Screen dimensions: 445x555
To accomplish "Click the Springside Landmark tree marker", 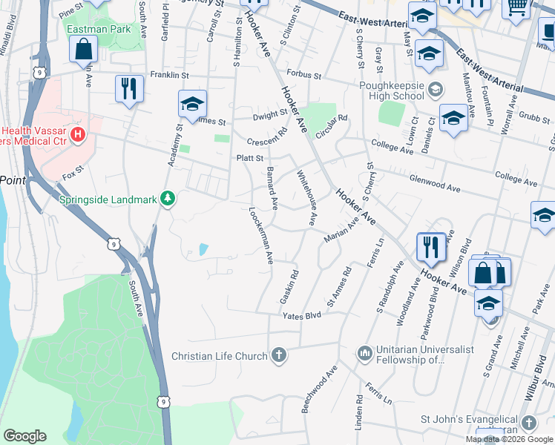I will (168, 198).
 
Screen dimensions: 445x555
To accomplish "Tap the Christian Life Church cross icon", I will (278, 355).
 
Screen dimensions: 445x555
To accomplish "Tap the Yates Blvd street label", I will (301, 316).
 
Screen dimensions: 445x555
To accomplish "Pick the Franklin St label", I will (171, 75).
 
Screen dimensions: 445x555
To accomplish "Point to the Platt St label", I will (250, 158).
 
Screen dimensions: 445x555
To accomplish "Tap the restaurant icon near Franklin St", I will (130, 88).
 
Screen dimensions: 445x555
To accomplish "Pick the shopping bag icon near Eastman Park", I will (84, 50).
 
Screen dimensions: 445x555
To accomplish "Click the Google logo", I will (24, 435).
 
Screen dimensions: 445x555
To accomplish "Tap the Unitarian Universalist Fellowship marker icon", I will (364, 352).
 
